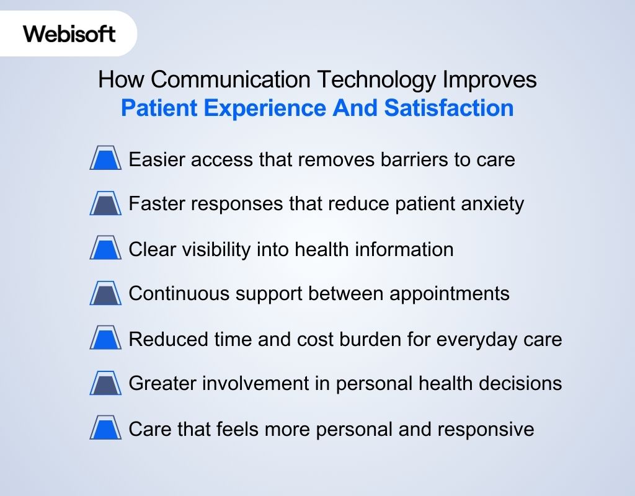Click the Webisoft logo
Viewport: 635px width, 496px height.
pos(69,33)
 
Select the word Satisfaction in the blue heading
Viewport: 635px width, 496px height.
pos(449,108)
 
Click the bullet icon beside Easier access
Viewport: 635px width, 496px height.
pos(105,159)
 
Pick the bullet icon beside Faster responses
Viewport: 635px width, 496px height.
pos(105,204)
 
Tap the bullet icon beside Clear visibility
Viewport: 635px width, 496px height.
pos(105,249)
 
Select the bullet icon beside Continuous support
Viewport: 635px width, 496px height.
pos(105,294)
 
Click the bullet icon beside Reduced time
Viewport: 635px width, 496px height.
pos(105,339)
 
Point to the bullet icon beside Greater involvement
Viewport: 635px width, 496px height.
pos(105,384)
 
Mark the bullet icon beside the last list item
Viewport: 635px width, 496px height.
pos(105,429)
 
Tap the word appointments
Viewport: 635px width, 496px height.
pos(450,294)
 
